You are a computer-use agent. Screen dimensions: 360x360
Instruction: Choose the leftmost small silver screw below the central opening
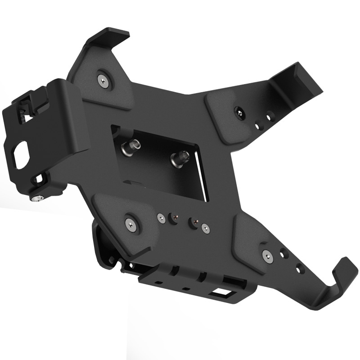(x=160, y=217)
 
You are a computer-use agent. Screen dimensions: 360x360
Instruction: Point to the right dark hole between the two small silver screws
(x=194, y=222)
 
